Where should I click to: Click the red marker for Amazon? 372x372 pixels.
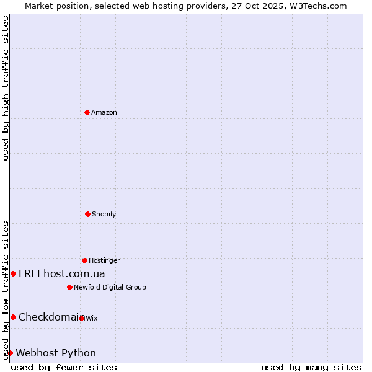click(x=87, y=112)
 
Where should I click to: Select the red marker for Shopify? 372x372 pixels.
click(x=87, y=214)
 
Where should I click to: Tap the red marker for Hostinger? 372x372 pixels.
click(x=84, y=260)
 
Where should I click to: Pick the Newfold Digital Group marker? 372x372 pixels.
click(x=69, y=287)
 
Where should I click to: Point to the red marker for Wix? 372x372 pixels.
click(x=82, y=318)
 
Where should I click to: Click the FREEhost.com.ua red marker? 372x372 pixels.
click(x=13, y=273)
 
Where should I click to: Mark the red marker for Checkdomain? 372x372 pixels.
click(x=13, y=317)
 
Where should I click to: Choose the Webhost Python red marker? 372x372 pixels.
click(x=10, y=353)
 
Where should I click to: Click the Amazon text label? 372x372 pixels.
click(x=104, y=112)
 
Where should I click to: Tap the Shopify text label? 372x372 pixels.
click(x=104, y=214)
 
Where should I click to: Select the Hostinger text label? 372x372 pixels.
click(x=104, y=260)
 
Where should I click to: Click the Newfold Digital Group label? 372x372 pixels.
click(x=110, y=287)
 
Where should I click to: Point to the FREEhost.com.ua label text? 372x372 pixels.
click(x=61, y=273)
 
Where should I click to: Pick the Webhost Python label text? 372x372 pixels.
click(x=56, y=353)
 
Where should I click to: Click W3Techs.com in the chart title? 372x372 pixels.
click(x=317, y=6)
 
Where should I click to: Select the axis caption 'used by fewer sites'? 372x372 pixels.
click(x=64, y=367)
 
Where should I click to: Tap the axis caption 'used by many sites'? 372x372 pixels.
click(x=311, y=367)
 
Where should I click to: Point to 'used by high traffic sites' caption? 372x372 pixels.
click(x=6, y=88)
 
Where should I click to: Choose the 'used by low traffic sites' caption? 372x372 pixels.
click(x=6, y=290)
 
